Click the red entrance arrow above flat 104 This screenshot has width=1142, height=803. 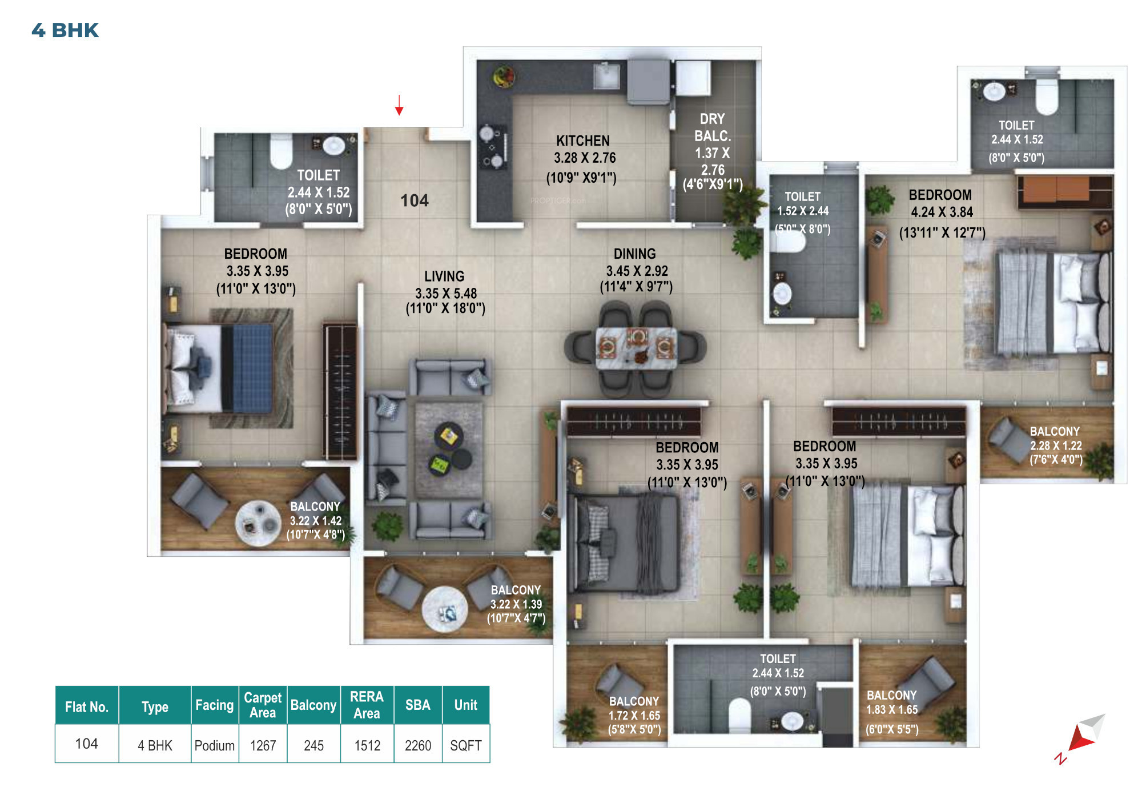pos(399,105)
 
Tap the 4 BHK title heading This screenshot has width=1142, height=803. pos(65,30)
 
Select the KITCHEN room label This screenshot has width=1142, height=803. pos(583,140)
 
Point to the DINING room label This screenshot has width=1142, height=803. pos(634,254)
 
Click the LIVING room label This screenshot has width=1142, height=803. pos(444,276)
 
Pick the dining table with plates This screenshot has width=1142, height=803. pos(636,347)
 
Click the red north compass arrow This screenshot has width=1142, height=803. pos(1081,738)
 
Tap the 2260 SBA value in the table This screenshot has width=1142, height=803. pos(418,745)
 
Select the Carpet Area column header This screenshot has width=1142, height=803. pos(263,705)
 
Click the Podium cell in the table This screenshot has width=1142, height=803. pos(214,745)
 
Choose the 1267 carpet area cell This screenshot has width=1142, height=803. pos(263,745)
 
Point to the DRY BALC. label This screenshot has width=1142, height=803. pos(713,127)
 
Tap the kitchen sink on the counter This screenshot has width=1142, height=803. pos(606,76)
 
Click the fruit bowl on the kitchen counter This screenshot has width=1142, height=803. pos(504,76)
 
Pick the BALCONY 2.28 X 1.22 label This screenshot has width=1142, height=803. pos(1056,445)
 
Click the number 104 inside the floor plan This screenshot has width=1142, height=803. pos(414,200)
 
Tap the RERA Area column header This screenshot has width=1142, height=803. pos(367,705)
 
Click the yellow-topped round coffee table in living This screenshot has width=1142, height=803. pos(449,436)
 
